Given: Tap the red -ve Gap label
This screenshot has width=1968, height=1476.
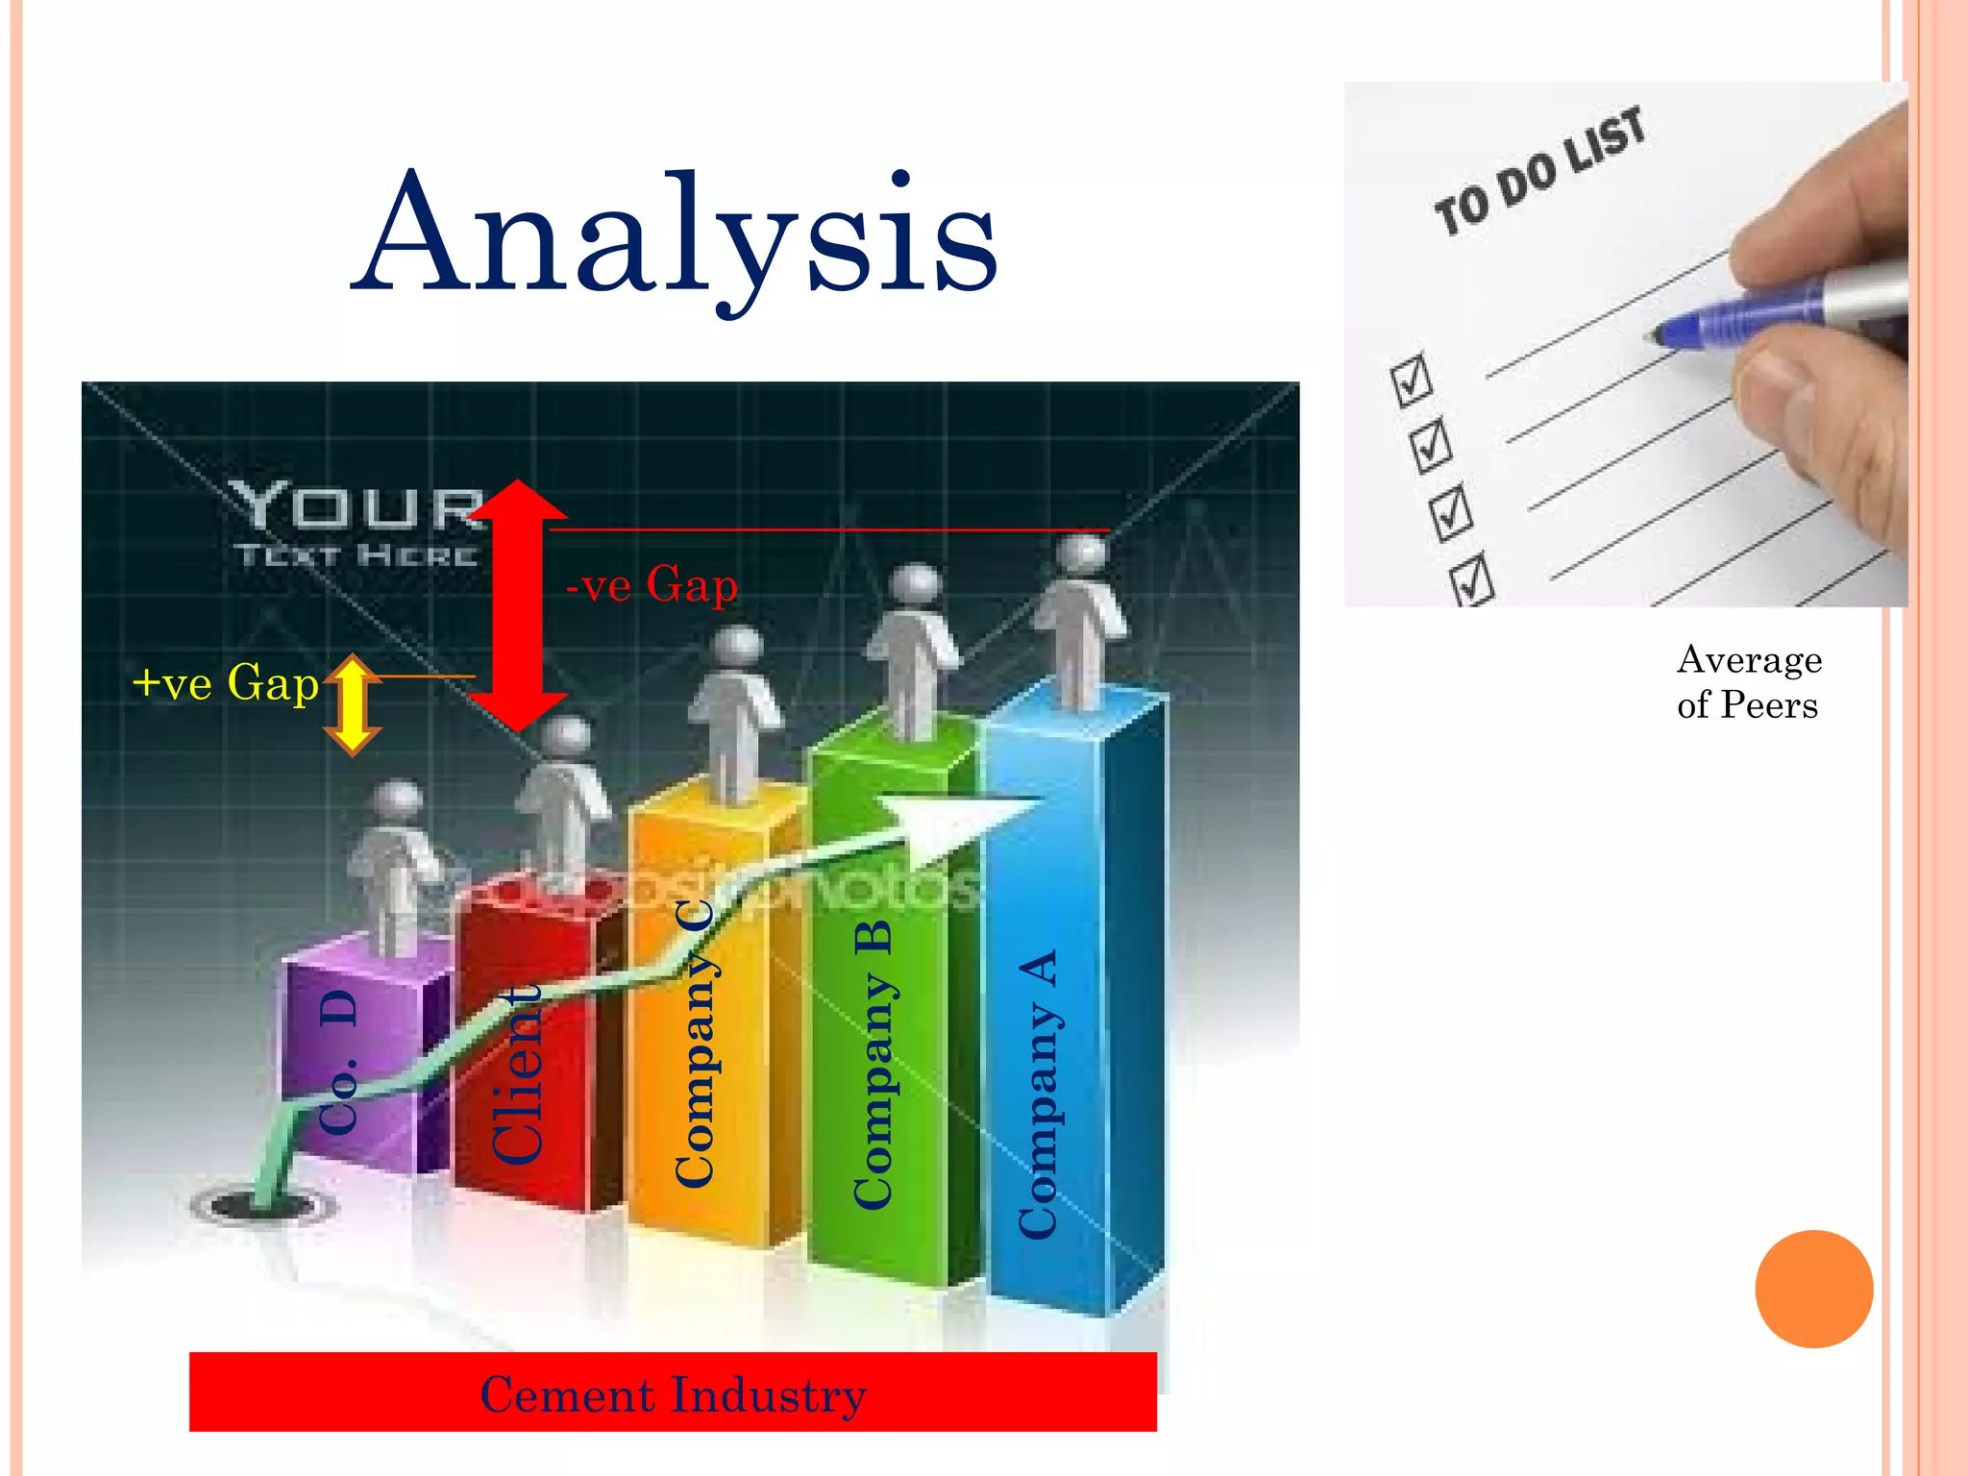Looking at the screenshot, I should click(652, 584).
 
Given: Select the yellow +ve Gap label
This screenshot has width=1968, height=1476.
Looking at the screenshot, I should click(225, 683).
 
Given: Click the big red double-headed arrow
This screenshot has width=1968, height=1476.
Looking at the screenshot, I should click(517, 605).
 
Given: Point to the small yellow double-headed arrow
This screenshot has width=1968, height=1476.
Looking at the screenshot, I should click(353, 705).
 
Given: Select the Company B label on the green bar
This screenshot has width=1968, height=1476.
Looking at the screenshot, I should click(873, 1065).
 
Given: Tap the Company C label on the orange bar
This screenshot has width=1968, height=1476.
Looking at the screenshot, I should click(695, 1044).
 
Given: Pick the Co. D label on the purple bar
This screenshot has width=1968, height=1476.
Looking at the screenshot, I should click(338, 1063).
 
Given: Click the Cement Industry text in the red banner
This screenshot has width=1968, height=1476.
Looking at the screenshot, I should click(673, 1394).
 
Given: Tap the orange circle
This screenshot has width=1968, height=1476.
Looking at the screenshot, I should click(1813, 1289).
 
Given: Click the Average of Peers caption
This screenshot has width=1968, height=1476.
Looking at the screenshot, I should click(1748, 682).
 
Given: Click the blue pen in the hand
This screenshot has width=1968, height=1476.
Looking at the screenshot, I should click(1759, 312).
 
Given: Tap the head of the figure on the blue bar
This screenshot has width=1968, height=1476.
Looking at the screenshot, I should click(1083, 554).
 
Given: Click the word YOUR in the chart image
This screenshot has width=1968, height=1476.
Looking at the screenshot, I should click(356, 506).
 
